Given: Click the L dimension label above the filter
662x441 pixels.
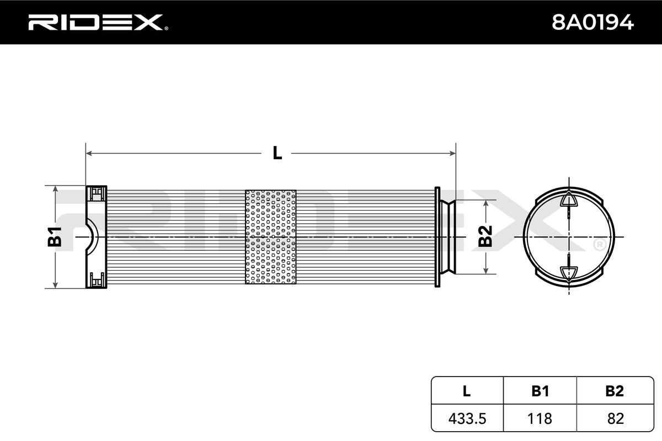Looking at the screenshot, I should pyautogui.click(x=277, y=153).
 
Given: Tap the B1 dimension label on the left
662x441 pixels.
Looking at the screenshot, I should pyautogui.click(x=55, y=236).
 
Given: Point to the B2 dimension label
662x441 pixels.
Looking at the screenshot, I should pyautogui.click(x=485, y=236).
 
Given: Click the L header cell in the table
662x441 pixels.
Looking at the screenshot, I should pyautogui.click(x=466, y=391).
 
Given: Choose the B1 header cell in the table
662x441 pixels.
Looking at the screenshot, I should pyautogui.click(x=540, y=391).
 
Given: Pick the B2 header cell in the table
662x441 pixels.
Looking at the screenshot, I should pyautogui.click(x=614, y=391).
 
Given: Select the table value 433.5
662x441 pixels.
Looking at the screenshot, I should pyautogui.click(x=466, y=418).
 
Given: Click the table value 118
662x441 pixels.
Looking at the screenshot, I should pyautogui.click(x=540, y=418).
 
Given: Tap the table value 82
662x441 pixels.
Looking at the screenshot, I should pyautogui.click(x=614, y=418).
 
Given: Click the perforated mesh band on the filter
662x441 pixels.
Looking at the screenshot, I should pyautogui.click(x=270, y=237).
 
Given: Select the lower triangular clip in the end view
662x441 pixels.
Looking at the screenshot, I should pyautogui.click(x=568, y=272).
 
